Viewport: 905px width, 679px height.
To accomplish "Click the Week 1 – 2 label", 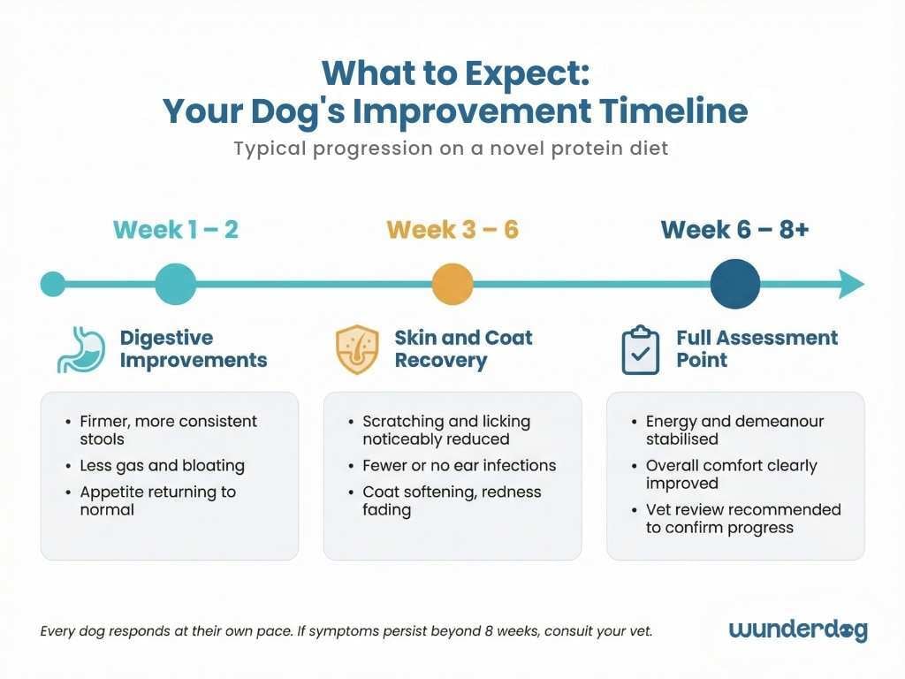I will click(175, 230).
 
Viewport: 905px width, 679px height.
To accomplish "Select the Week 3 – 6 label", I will click(452, 230).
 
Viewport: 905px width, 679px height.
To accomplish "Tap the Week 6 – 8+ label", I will click(734, 230).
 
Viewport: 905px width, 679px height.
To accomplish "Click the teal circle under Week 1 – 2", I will click(175, 285).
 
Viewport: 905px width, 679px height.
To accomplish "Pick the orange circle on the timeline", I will click(452, 285).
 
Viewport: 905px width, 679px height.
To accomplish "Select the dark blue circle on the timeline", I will click(734, 285).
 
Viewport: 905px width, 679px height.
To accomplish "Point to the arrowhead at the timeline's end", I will click(851, 285).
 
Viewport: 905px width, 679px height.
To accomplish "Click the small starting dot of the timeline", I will click(53, 285).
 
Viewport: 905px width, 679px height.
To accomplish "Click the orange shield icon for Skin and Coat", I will click(357, 349).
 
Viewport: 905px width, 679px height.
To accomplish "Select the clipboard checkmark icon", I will click(640, 349).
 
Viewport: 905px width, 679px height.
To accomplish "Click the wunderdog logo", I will click(798, 629).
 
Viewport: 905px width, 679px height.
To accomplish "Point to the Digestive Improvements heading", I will click(193, 349).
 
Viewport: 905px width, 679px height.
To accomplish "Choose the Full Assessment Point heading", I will click(757, 349).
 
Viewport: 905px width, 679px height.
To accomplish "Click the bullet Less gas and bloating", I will click(162, 465).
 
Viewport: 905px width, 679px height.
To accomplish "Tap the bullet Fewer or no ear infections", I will click(459, 465).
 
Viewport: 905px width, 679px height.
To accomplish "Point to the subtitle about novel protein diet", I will click(451, 149).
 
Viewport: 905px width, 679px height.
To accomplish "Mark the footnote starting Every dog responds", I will click(346, 631).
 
